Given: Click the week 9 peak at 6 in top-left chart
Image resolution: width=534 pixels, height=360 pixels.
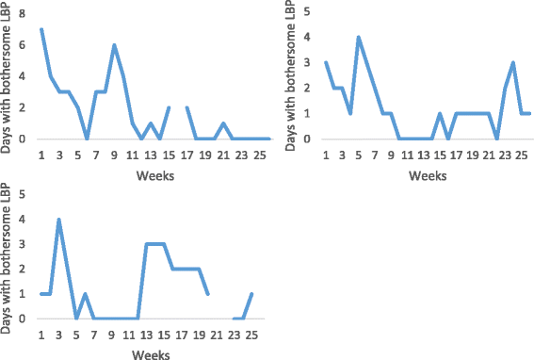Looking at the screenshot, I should point(114,45).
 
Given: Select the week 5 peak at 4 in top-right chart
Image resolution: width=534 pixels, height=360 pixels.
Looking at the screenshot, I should point(358,38).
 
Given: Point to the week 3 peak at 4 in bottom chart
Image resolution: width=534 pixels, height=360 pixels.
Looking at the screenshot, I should point(59,220).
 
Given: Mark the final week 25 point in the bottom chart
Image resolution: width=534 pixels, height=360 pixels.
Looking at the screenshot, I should point(252,294).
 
